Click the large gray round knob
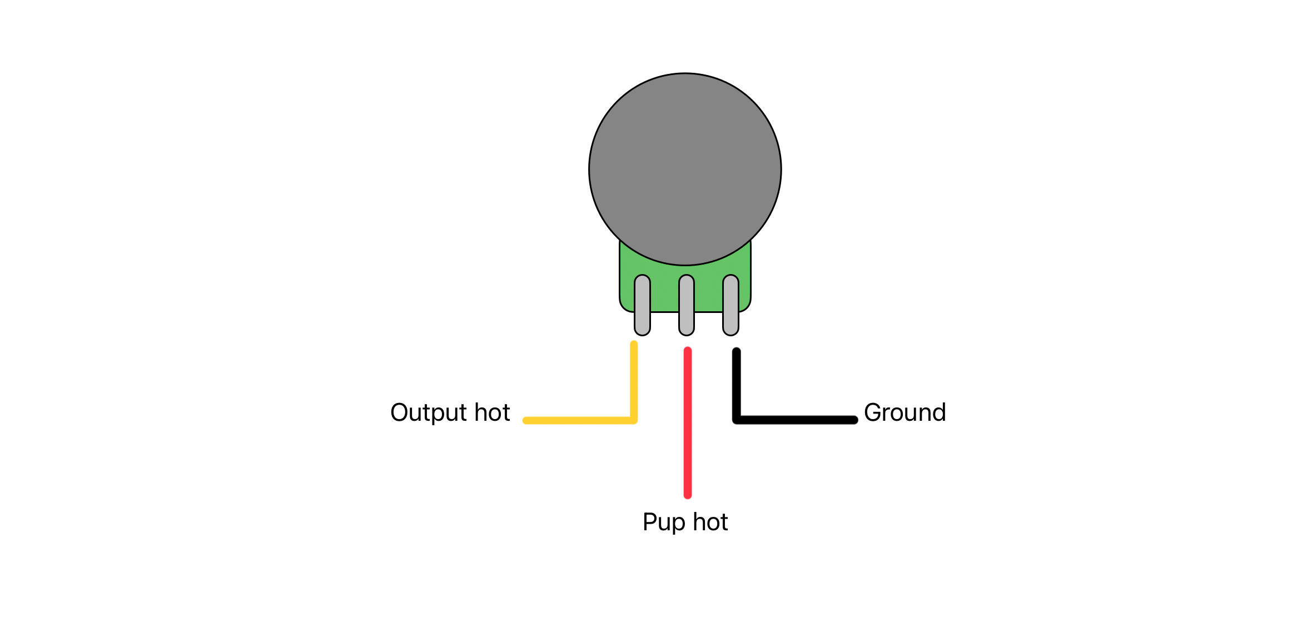coord(685,169)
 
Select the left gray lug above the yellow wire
coord(642,305)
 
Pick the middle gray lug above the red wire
coord(687,305)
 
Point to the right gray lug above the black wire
coord(730,305)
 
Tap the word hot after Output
coord(492,412)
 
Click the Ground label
coord(905,412)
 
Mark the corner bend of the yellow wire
coord(634,420)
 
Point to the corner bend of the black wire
coord(737,420)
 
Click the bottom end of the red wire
coord(688,495)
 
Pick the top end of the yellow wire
coord(634,344)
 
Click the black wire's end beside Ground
coord(854,420)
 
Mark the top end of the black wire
coord(737,351)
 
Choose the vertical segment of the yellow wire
coord(634,382)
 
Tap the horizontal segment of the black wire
coord(795,420)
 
